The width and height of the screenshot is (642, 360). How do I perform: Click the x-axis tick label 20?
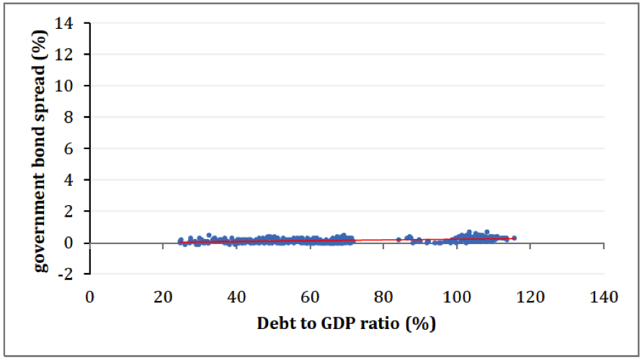click(x=163, y=297)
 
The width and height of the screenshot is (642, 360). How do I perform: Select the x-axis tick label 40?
click(x=236, y=297)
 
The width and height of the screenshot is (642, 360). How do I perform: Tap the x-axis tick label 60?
click(x=310, y=297)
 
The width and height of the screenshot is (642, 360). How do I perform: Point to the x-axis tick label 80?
click(x=383, y=297)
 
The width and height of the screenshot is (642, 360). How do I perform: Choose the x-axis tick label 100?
click(x=457, y=297)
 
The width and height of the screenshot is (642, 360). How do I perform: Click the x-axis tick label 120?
click(x=530, y=297)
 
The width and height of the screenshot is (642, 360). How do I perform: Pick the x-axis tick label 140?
click(x=603, y=297)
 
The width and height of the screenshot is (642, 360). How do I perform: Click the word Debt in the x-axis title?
click(x=274, y=323)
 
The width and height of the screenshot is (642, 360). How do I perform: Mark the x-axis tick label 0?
click(x=90, y=297)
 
